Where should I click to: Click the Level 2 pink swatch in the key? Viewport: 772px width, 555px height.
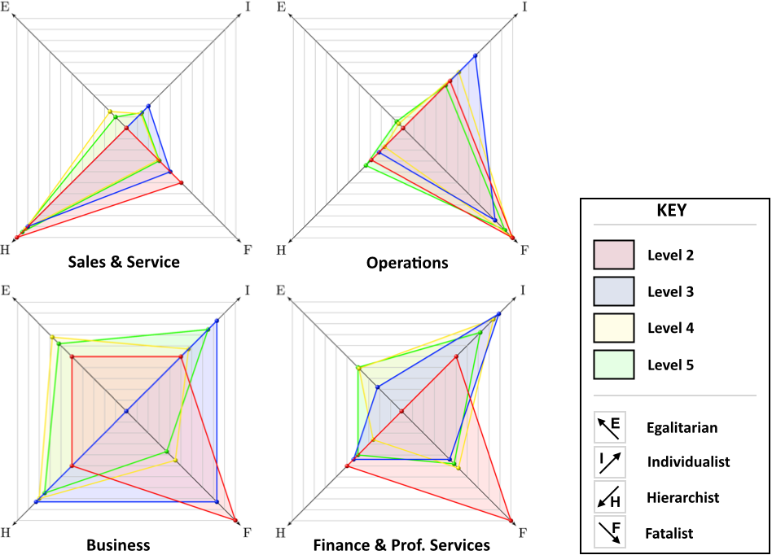click(x=613, y=255)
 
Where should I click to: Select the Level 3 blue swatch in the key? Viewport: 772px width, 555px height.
click(x=613, y=291)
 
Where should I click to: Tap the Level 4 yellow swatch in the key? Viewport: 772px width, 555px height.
click(x=613, y=328)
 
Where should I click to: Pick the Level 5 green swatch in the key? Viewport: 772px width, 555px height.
click(x=613, y=364)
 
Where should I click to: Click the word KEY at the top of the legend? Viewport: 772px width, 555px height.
click(x=672, y=211)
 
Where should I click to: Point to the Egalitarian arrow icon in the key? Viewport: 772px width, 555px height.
click(x=609, y=427)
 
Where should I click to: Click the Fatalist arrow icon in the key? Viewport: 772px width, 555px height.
click(x=609, y=532)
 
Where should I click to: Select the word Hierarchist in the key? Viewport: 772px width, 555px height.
click(x=682, y=497)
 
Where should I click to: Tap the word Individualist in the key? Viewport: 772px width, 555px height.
click(x=688, y=461)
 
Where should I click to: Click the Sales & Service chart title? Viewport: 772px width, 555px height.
click(x=124, y=262)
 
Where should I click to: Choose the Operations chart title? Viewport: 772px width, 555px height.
click(x=407, y=263)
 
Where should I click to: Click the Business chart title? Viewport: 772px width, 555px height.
click(x=118, y=545)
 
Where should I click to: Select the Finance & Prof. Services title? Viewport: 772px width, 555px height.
click(x=401, y=545)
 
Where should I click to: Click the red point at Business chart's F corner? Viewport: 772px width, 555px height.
click(x=235, y=520)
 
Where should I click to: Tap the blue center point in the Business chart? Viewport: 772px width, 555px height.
click(x=126, y=411)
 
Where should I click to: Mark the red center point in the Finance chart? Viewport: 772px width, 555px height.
click(x=401, y=411)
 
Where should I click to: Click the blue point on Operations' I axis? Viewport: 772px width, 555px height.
click(x=475, y=55)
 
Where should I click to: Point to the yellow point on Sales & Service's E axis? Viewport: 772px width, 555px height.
click(x=110, y=111)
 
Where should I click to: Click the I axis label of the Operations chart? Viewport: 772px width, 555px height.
click(x=524, y=7)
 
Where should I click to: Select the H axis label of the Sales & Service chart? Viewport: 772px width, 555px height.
click(x=5, y=250)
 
